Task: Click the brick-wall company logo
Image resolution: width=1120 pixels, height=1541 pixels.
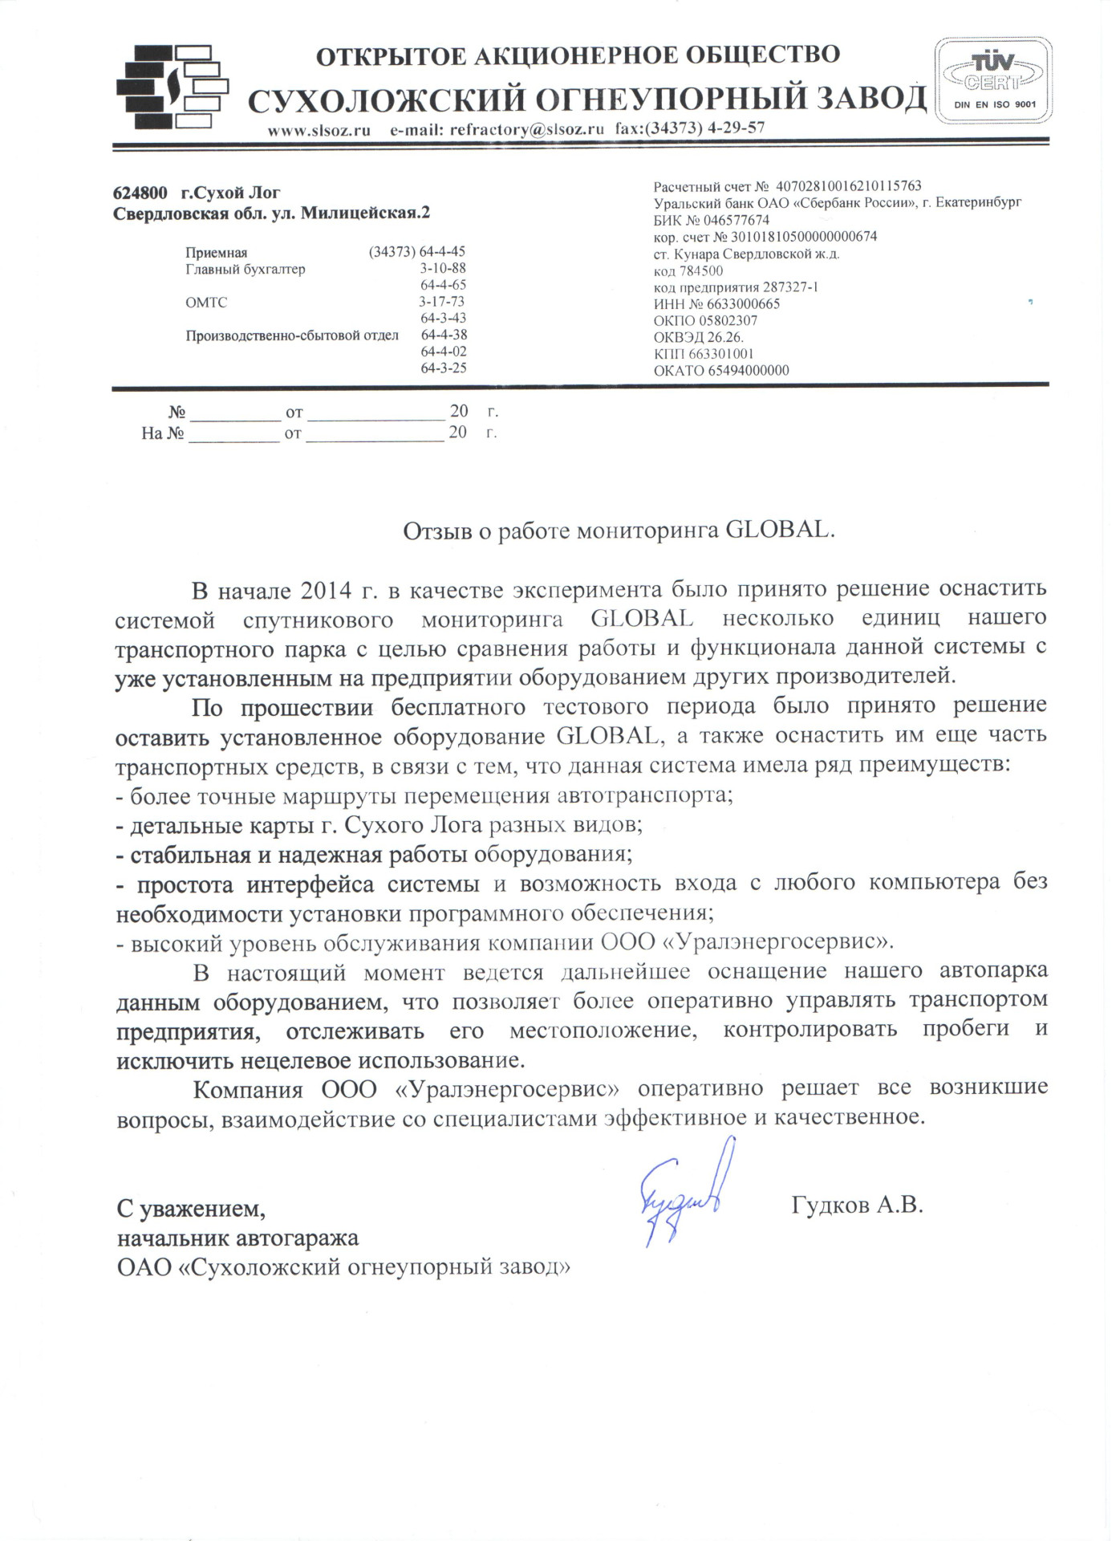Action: click(172, 87)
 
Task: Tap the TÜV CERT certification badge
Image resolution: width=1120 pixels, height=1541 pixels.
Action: click(993, 80)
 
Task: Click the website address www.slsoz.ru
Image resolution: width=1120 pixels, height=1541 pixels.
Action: click(319, 130)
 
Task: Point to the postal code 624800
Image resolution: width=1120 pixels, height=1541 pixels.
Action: click(140, 193)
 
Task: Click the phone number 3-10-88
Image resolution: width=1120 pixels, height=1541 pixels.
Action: click(443, 269)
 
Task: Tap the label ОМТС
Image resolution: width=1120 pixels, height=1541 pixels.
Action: click(206, 303)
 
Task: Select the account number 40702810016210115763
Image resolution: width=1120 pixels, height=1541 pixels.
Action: click(849, 186)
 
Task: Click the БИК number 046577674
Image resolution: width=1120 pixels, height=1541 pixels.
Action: click(737, 220)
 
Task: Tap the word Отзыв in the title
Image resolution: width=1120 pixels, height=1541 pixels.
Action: click(437, 531)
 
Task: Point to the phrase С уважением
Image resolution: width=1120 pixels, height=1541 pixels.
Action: click(191, 1208)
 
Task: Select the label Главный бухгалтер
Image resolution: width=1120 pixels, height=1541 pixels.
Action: click(246, 270)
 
